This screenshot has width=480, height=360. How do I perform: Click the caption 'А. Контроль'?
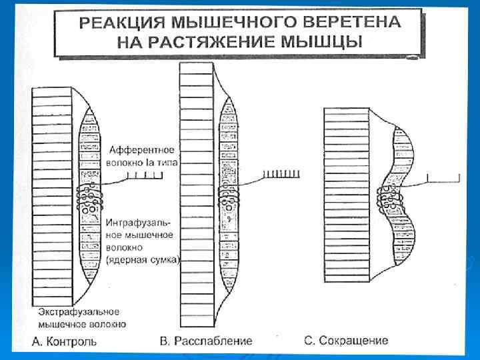coord(65,341)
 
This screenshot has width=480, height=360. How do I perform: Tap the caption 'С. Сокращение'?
coord(346,341)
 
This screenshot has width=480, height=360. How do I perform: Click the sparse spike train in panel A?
coord(147,177)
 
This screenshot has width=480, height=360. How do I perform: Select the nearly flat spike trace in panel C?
coord(443,177)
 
